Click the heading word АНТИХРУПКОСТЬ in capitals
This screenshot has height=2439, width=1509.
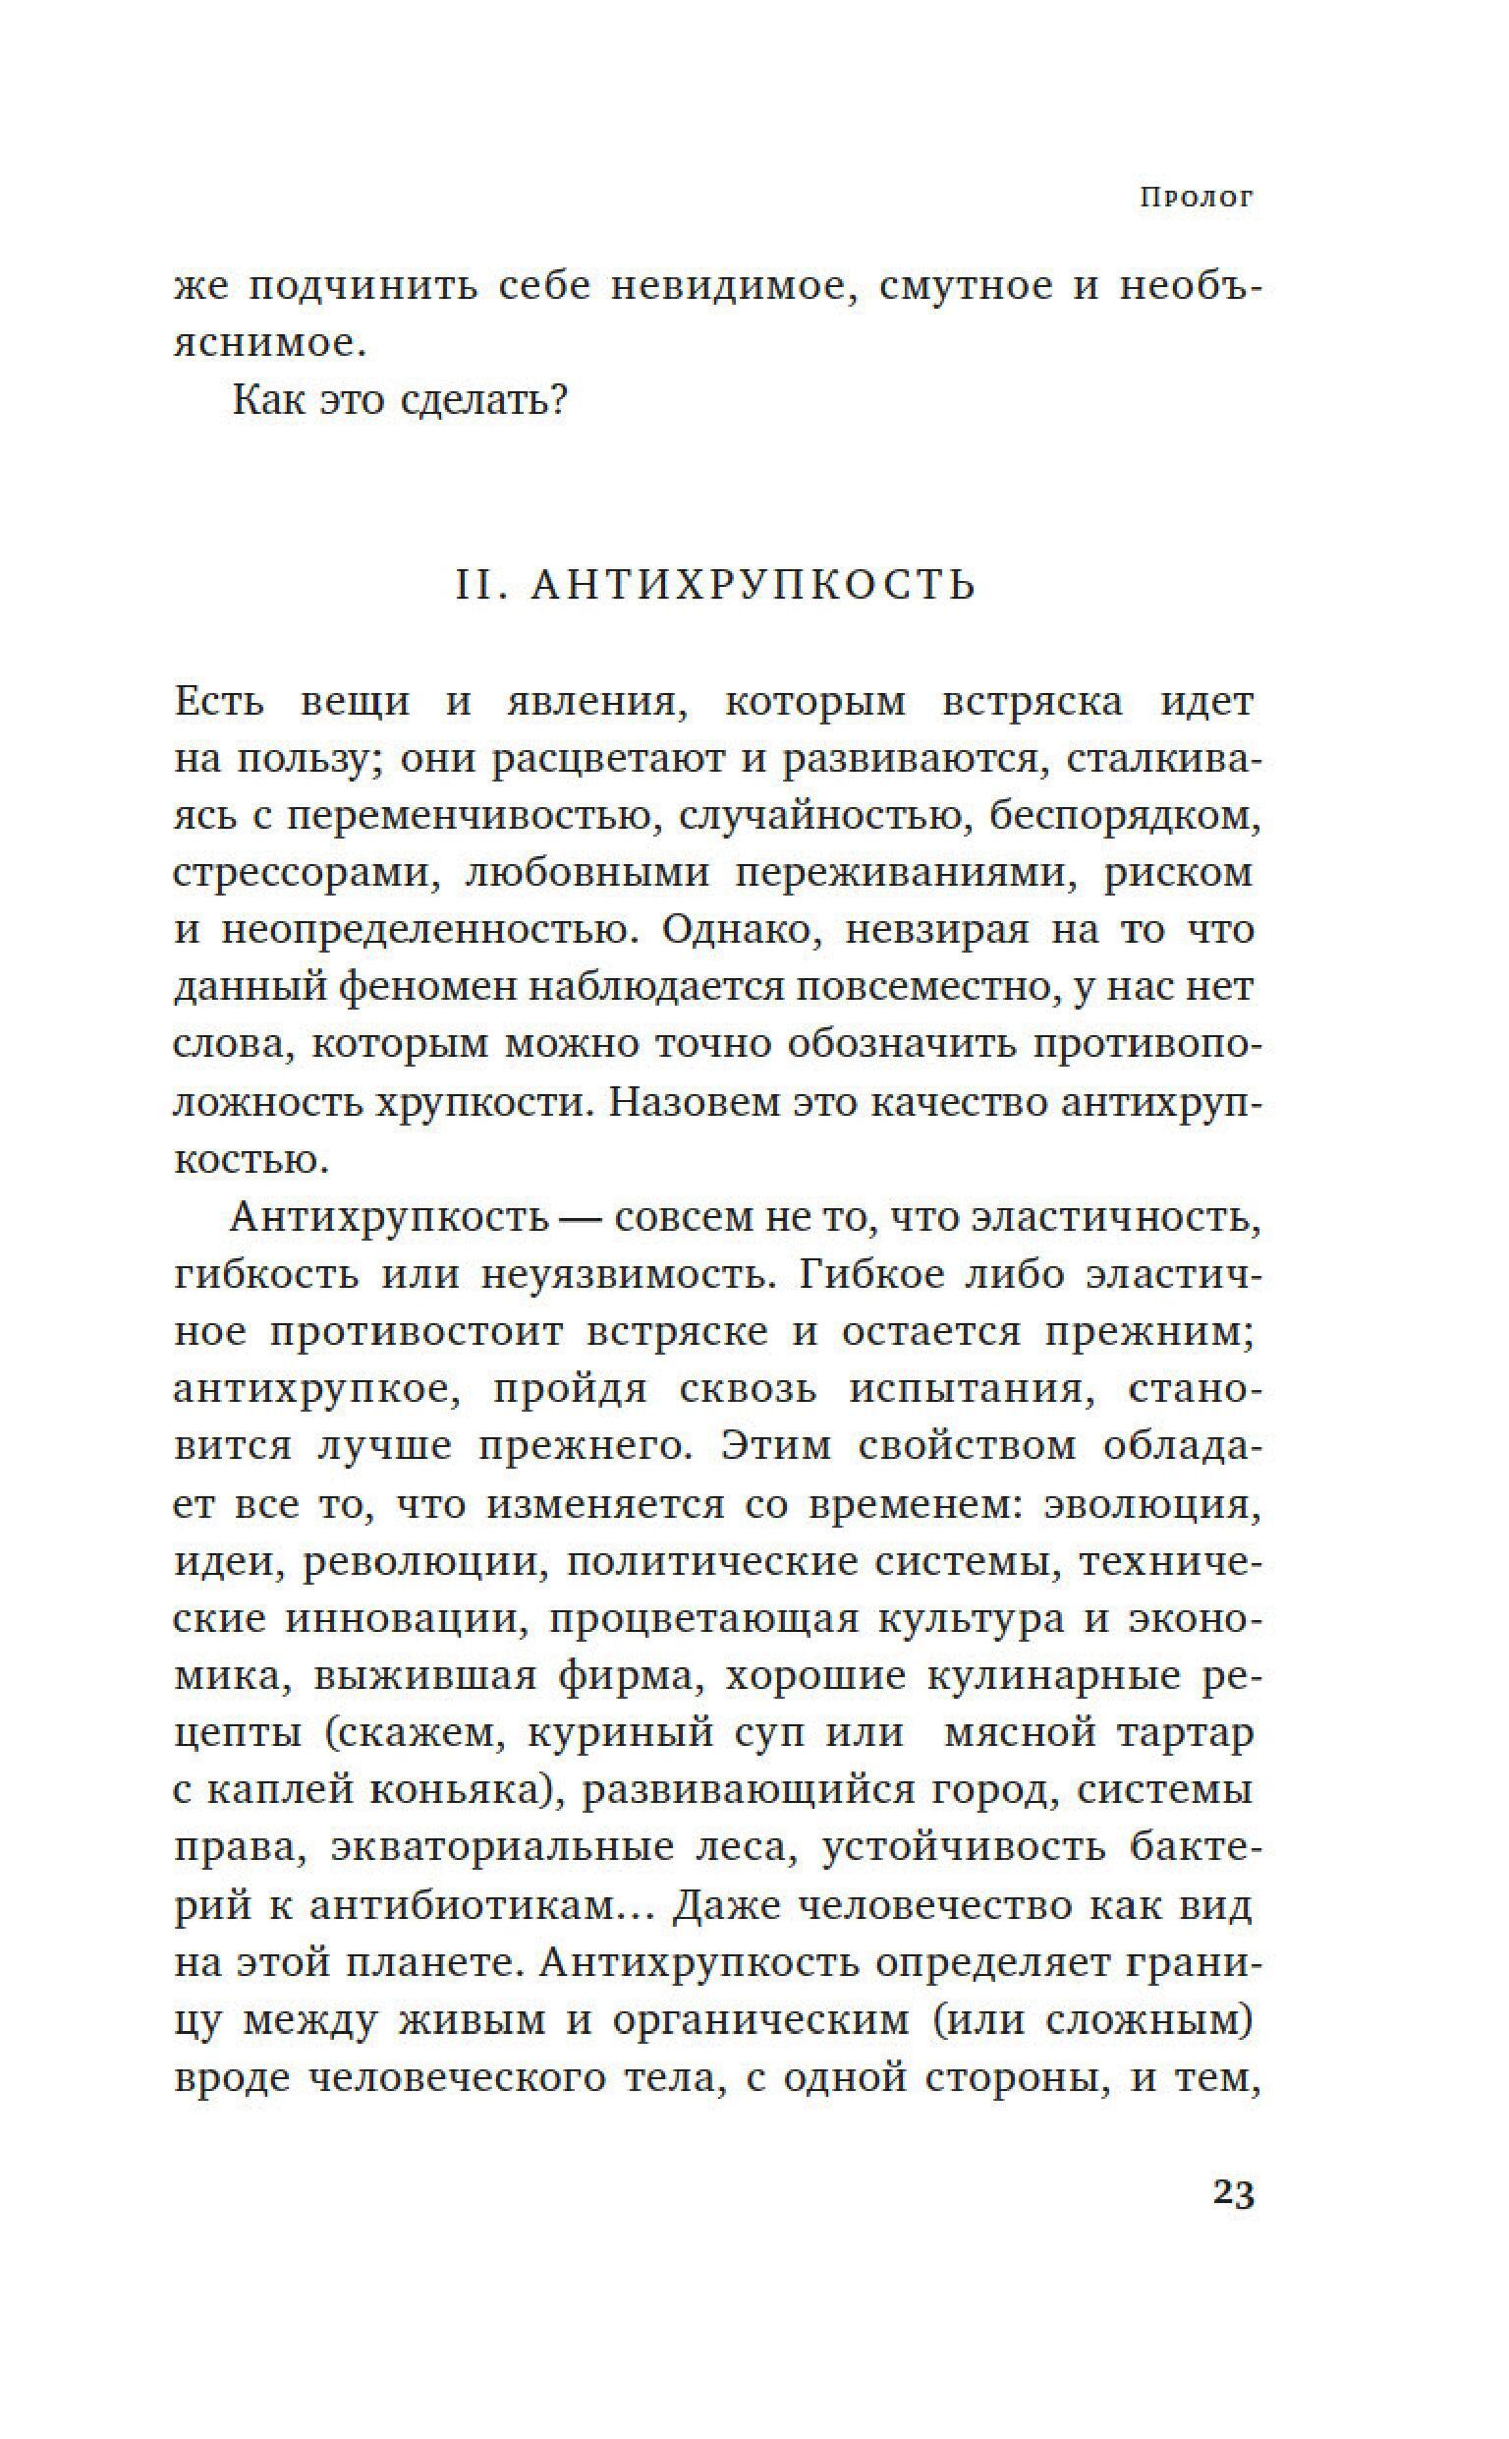click(753, 585)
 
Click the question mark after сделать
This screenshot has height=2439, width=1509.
click(557, 401)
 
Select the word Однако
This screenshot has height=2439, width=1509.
click(743, 930)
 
